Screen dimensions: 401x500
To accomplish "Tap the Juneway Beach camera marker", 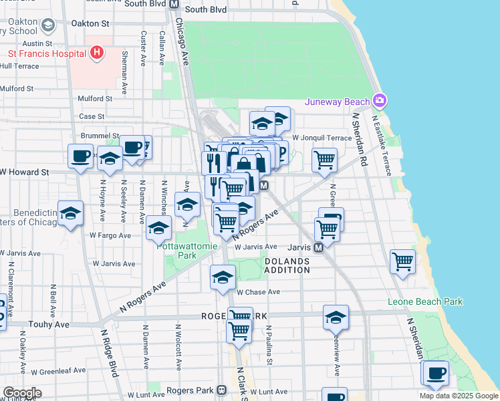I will click(380, 101).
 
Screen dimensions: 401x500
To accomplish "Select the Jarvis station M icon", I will click(319, 247).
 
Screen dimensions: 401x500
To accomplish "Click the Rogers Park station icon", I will click(223, 390).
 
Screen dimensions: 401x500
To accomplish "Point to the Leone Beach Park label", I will click(425, 302).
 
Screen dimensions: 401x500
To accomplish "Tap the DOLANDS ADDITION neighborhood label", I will click(287, 265).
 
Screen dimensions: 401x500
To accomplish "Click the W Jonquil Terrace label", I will click(322, 138).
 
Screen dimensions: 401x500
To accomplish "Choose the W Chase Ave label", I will click(258, 292).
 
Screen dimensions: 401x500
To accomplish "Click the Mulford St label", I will click(94, 98).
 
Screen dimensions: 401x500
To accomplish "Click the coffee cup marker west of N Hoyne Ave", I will click(80, 157).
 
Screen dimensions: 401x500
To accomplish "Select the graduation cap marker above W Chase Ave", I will click(223, 277).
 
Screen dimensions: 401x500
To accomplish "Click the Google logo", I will click(21, 393).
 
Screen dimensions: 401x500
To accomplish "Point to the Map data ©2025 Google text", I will click(459, 396).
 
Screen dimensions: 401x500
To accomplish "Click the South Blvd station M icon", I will click(174, 4).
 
